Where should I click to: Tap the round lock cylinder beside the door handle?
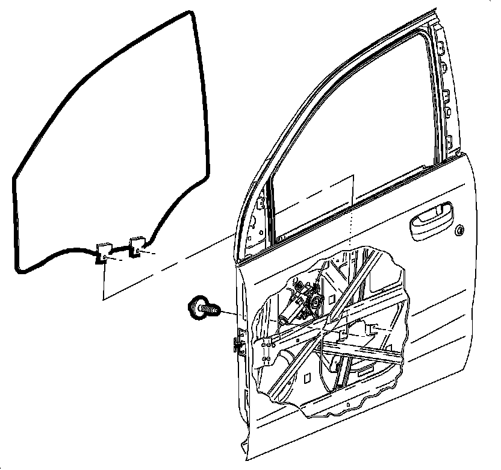point(461,231)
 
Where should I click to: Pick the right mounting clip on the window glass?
point(137,246)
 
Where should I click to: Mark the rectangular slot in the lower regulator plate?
point(364,374)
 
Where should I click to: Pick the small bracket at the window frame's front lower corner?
point(260,204)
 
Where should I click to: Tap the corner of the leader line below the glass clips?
point(104,299)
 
